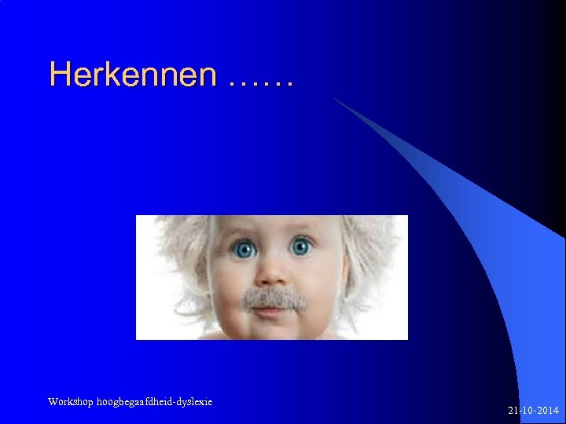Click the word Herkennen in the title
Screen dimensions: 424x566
click(x=132, y=75)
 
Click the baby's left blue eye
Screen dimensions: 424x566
click(x=244, y=249)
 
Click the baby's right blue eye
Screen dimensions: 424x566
click(x=301, y=247)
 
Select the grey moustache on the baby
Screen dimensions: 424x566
click(x=273, y=298)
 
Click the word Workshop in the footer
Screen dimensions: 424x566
click(x=69, y=402)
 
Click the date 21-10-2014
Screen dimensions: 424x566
click(x=533, y=411)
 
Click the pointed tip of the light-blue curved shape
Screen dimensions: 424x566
click(x=336, y=100)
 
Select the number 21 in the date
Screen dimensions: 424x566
click(x=513, y=411)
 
